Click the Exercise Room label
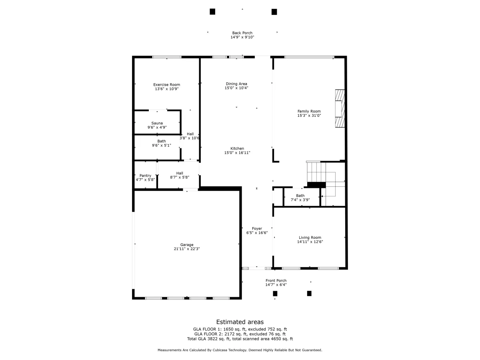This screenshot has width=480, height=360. (166, 84)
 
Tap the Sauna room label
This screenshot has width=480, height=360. (157, 123)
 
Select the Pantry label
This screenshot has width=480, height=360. (145, 176)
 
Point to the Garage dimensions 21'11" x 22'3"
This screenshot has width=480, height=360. (186, 249)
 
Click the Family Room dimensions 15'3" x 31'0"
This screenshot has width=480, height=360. (309, 116)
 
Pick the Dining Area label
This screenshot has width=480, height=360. (236, 84)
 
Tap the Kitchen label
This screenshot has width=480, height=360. (237, 148)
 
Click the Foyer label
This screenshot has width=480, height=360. (257, 229)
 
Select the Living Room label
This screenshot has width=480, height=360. (310, 238)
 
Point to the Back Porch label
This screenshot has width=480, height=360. (242, 33)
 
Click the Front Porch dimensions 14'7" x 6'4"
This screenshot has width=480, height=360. (276, 285)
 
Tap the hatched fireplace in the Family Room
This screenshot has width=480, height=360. (340, 108)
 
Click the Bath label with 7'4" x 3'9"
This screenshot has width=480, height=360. (300, 196)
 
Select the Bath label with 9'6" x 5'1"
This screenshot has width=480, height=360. (161, 141)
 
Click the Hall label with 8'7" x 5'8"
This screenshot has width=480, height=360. (180, 173)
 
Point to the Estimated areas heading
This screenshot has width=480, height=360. (240, 322)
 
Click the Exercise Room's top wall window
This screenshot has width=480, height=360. (167, 57)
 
